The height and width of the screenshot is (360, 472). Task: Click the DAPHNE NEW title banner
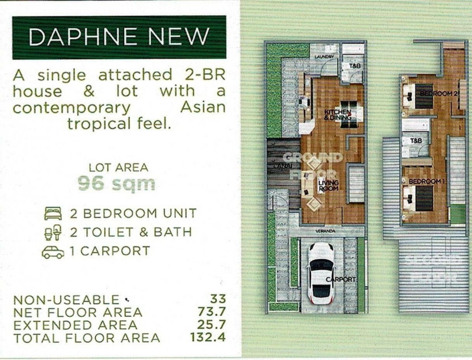[119, 37]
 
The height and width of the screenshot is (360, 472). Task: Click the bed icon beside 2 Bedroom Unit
[52, 214]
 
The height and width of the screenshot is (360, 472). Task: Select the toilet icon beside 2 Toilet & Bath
[52, 233]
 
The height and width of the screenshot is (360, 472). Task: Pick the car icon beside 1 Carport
[52, 252]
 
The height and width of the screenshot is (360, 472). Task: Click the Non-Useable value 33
[217, 299]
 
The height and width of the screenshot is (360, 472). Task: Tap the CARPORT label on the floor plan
[341, 279]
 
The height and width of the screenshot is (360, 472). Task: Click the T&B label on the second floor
[416, 140]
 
